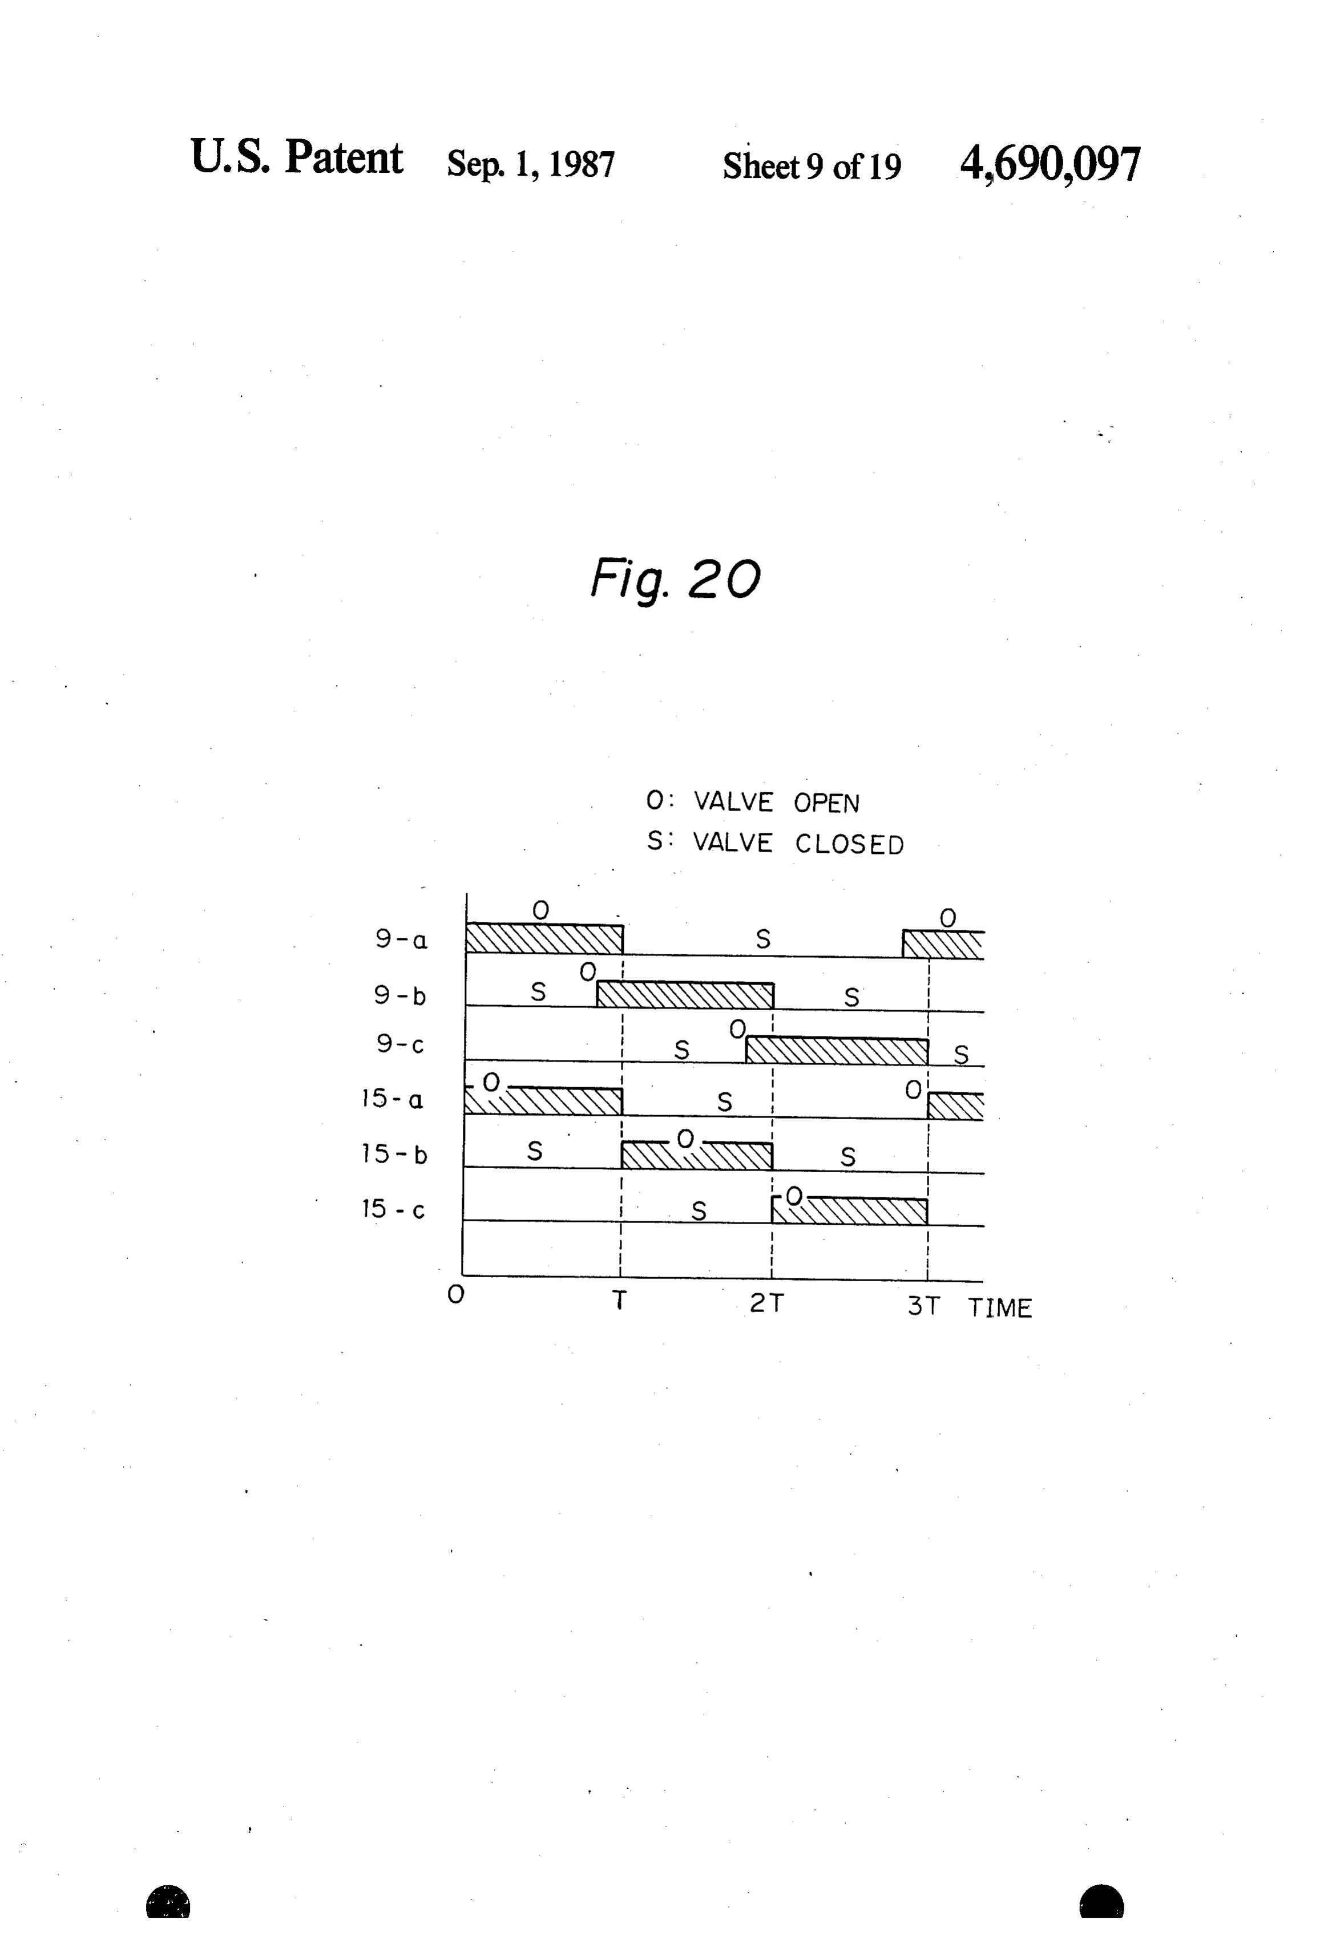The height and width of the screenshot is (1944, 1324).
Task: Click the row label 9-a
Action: [x=401, y=940]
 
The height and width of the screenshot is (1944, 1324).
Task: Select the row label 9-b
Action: [x=400, y=995]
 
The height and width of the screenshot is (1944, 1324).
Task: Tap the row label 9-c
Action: [x=400, y=1044]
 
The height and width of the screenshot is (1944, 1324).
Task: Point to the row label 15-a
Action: [x=393, y=1098]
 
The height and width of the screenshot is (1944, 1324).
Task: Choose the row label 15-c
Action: [x=393, y=1209]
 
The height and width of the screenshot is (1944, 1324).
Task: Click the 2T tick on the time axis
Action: [x=766, y=1303]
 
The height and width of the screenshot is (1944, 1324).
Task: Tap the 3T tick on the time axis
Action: [x=924, y=1306]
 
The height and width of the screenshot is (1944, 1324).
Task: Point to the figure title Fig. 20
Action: [x=675, y=579]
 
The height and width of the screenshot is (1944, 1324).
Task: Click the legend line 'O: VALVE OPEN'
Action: [x=752, y=802]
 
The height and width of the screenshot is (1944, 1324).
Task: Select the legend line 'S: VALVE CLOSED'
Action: [x=775, y=843]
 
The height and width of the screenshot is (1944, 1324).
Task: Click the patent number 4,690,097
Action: [x=1050, y=164]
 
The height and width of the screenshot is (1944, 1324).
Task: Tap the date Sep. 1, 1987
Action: [x=531, y=164]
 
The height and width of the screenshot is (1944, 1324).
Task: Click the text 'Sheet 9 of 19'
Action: [x=812, y=165]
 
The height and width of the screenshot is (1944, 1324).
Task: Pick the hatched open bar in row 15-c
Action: [x=849, y=1211]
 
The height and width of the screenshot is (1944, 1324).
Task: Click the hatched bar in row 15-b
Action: [x=696, y=1155]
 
